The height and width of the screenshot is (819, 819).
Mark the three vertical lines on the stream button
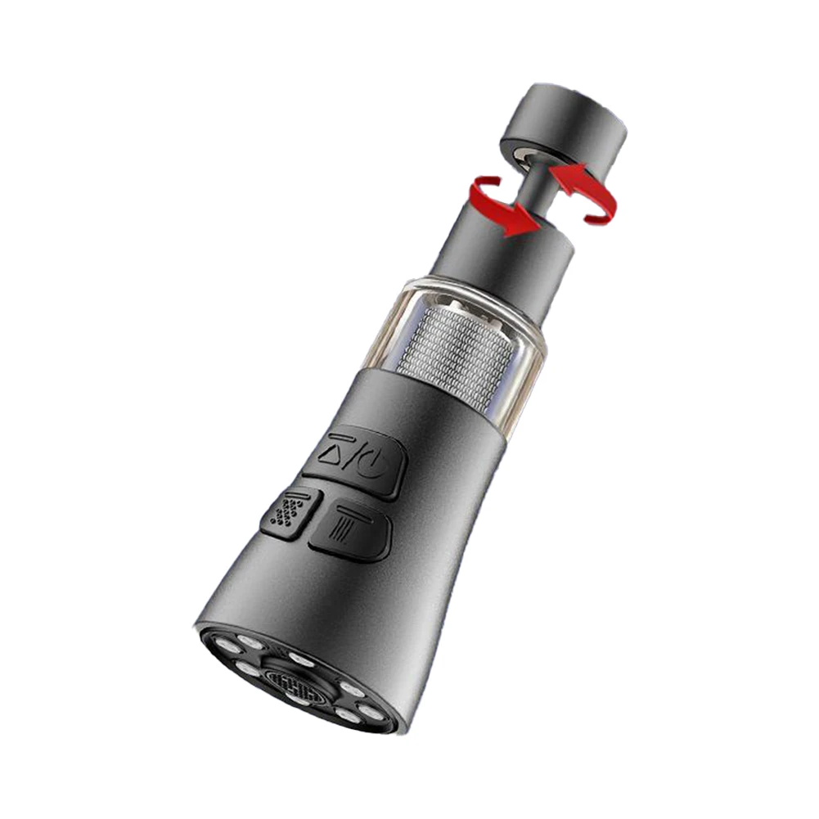(344, 532)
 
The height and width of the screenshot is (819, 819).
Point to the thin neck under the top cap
(541, 183)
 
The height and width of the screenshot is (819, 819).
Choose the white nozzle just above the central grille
(299, 659)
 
